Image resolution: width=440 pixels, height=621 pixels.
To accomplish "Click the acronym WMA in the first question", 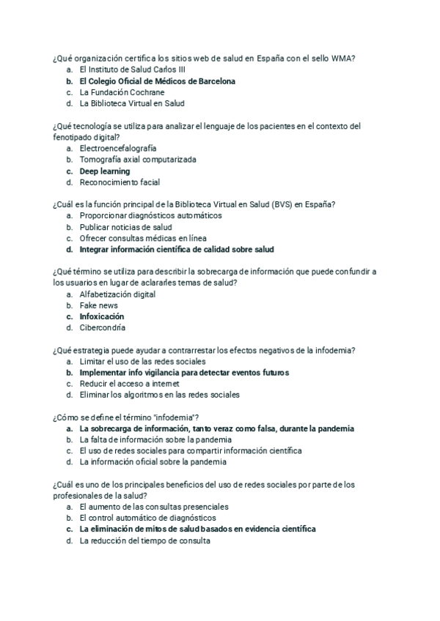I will [354, 58].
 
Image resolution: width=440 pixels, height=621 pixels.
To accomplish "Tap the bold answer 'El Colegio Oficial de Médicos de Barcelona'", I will [157, 81].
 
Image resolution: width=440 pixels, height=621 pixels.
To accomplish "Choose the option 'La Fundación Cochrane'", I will [122, 92].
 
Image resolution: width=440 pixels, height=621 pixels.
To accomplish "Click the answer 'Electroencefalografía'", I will [117, 148].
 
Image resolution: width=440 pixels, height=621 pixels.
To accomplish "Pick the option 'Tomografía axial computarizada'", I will [138, 160].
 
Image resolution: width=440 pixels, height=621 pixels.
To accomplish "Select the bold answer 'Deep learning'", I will [105, 171].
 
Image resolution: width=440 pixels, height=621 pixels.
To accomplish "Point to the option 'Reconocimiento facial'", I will [120, 182].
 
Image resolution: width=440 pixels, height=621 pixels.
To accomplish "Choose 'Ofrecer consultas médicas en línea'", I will [143, 238].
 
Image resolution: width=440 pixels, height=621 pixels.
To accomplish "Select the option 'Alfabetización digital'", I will [117, 294].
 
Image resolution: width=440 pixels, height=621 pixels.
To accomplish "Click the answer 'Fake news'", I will [98, 305].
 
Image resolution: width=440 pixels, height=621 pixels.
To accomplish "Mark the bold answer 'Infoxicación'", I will [102, 316].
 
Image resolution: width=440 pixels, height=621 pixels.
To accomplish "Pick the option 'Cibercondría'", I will [102, 328].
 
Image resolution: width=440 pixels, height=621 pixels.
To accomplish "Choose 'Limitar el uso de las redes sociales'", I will [142, 361].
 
